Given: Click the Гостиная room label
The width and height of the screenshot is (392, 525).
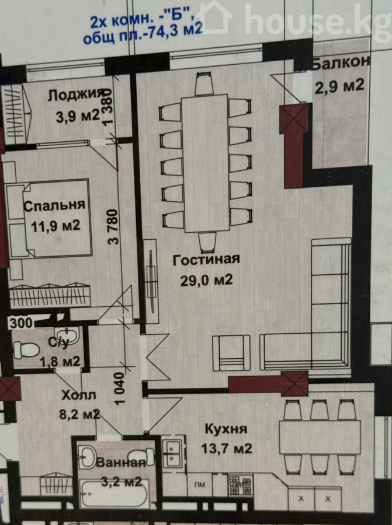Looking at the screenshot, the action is [x=206, y=260].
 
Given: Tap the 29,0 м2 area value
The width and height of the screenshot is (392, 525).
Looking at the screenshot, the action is [x=206, y=280].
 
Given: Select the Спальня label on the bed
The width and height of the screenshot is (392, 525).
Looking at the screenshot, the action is [x=54, y=205].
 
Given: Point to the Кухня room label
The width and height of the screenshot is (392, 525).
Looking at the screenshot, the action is [x=226, y=429].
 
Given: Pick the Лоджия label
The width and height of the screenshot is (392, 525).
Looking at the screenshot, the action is [x=75, y=95].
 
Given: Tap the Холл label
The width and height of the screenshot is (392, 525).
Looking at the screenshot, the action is [x=78, y=395].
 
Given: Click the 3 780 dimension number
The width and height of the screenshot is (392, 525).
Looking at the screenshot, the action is [x=114, y=227].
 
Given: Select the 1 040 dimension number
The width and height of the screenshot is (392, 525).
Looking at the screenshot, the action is [x=119, y=388].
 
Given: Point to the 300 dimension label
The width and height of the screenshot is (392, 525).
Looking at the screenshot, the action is [x=21, y=323].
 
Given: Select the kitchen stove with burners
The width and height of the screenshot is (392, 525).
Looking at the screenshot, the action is [x=241, y=485].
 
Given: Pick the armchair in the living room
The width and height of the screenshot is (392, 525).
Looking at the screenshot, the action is [x=231, y=352].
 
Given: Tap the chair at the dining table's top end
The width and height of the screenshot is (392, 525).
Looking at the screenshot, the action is [x=204, y=84].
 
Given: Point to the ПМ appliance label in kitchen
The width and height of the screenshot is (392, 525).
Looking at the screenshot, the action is [x=200, y=484].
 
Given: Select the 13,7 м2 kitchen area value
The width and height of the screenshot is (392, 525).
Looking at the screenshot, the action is [x=227, y=448].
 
